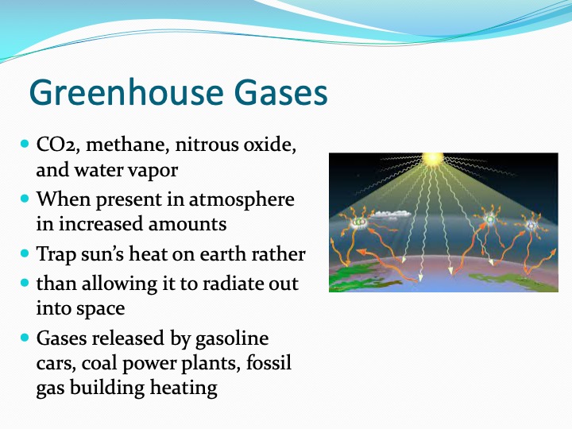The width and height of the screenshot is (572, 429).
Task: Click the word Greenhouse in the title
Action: coord(126,92)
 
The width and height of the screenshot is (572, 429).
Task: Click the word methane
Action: coord(128,145)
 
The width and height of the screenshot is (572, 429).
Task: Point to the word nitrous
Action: coord(207,145)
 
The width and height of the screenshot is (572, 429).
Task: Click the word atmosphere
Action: coord(242,200)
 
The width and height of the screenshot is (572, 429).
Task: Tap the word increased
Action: coord(101,224)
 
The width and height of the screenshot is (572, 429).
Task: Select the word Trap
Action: coord(56,255)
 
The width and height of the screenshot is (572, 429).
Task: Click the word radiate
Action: coord(232,284)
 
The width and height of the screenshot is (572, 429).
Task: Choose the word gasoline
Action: coord(232,338)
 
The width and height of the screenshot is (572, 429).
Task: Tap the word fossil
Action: coord(269,363)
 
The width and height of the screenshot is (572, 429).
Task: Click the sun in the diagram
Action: coord(433,159)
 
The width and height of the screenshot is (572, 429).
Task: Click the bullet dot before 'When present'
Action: coord(25,199)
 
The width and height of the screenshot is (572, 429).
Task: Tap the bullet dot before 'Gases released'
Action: coord(25,338)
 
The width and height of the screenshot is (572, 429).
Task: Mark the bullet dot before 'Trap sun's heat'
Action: coord(25,253)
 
